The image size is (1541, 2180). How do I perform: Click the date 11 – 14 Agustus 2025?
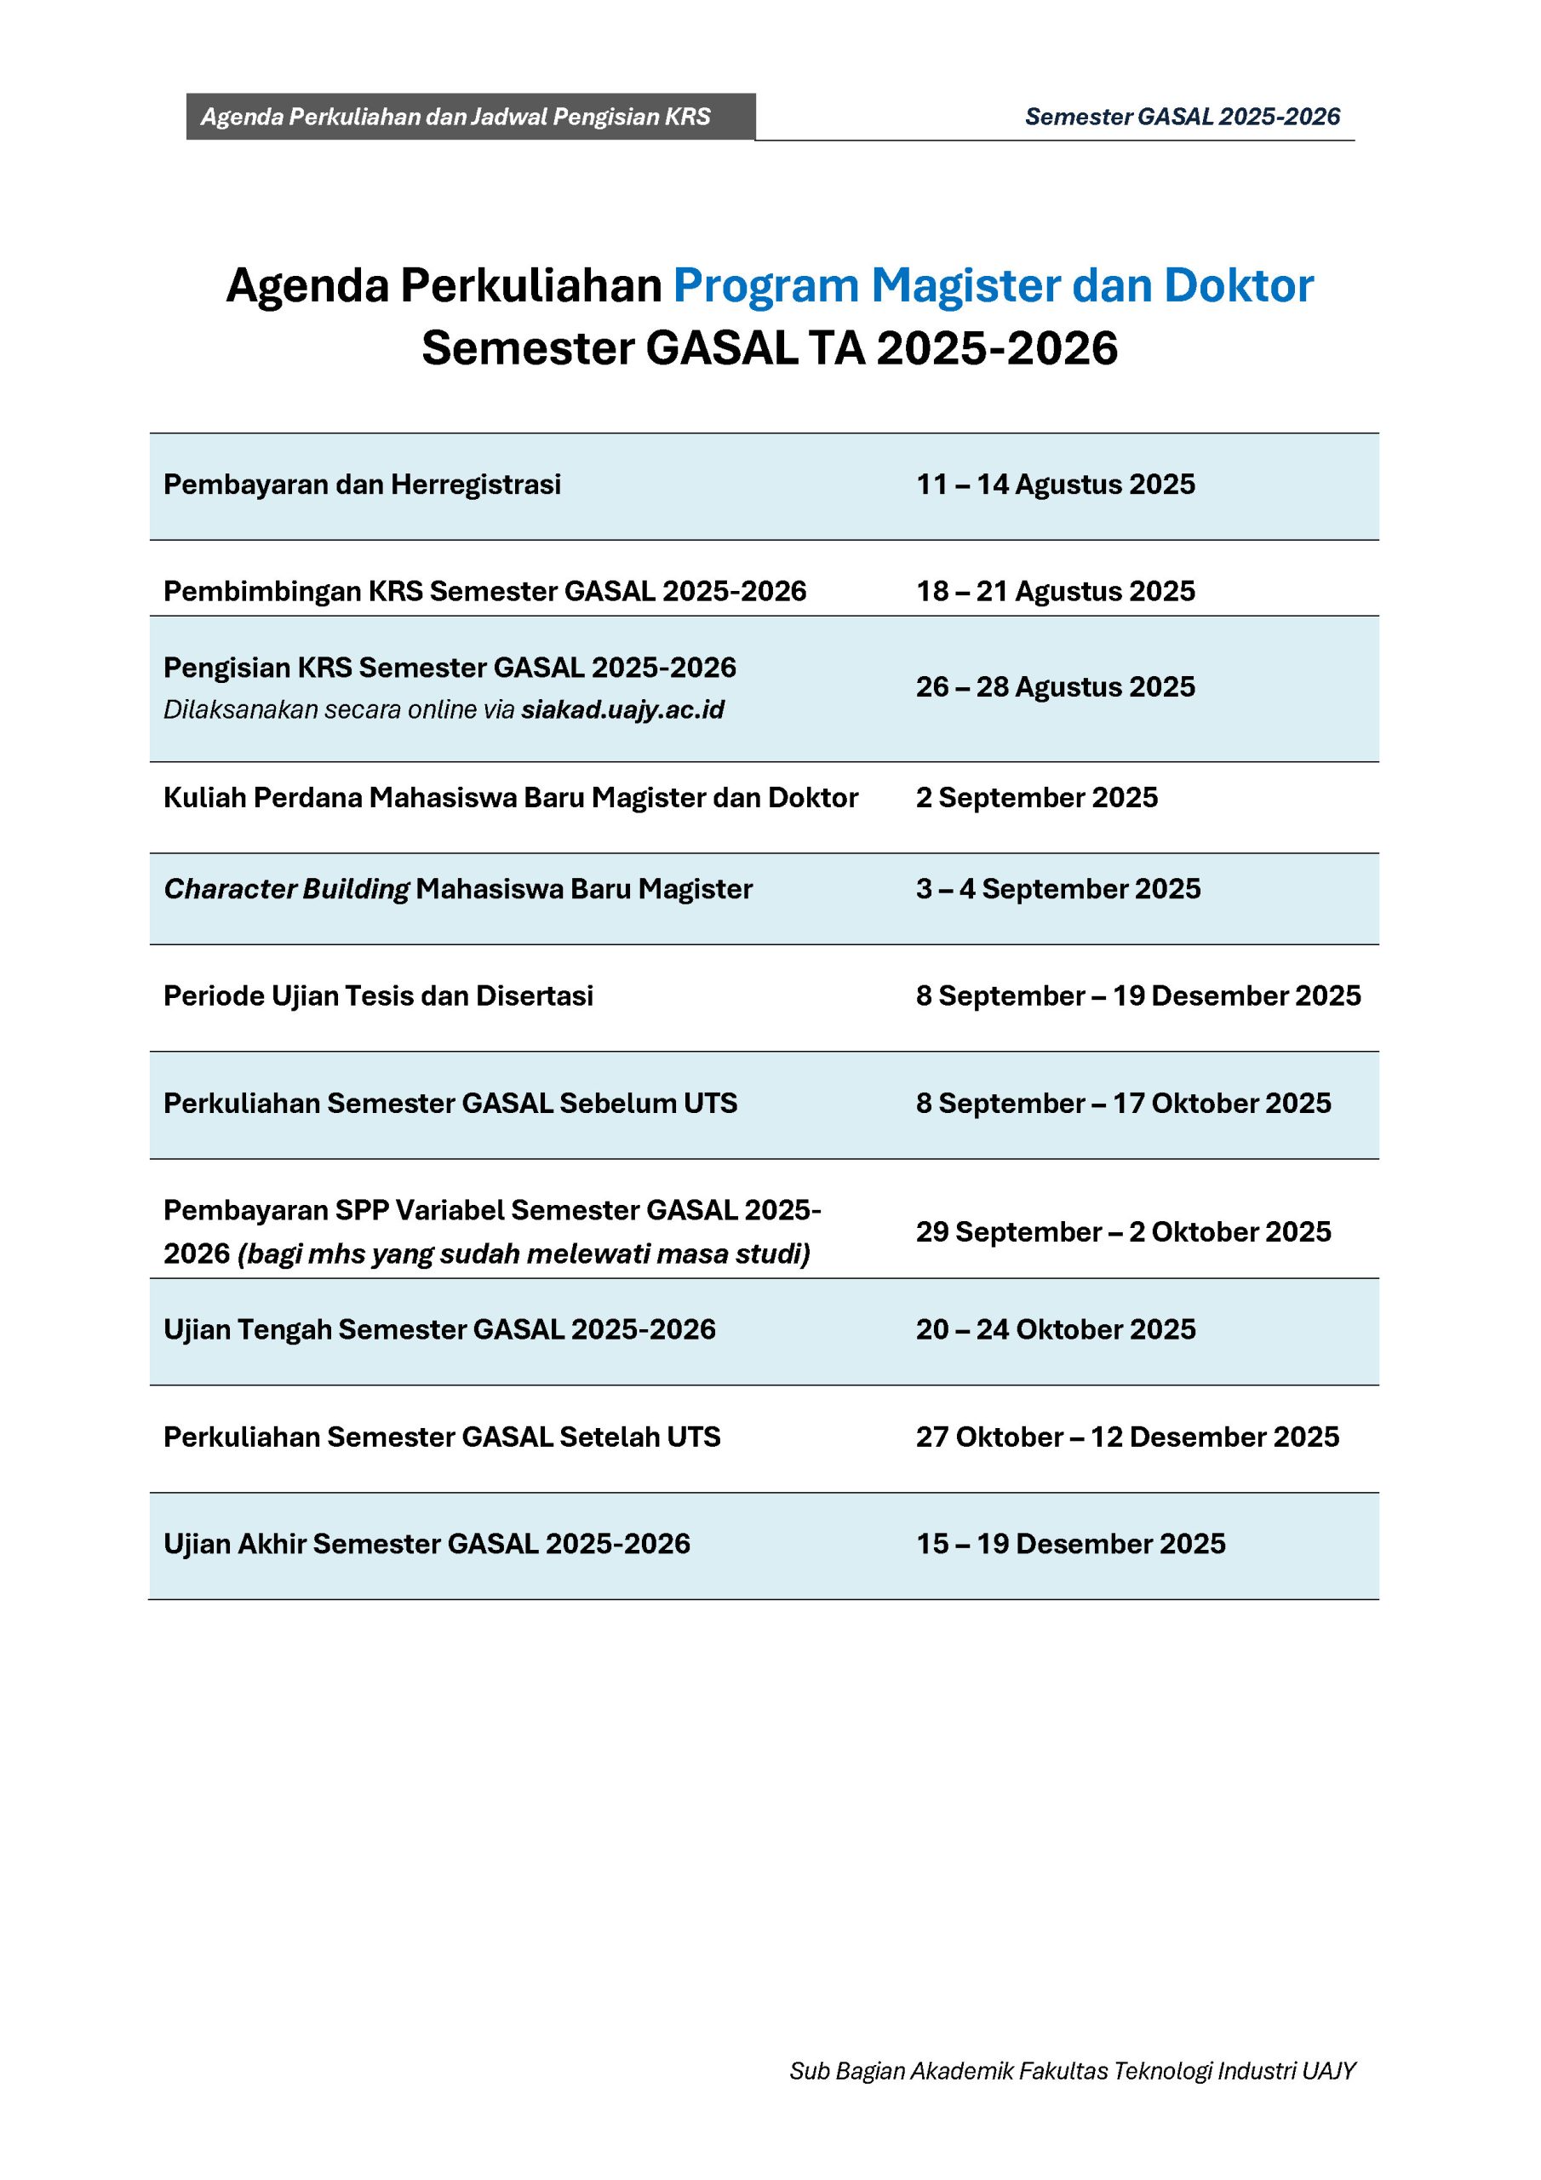[x=1055, y=485]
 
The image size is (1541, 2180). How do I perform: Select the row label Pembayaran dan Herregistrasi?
[x=362, y=485]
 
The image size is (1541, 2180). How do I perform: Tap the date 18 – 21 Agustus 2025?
[x=1055, y=591]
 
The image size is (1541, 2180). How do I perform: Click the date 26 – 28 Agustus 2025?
[x=1055, y=686]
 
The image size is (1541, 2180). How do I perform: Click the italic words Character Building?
[x=286, y=889]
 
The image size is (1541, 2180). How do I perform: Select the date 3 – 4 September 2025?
[x=1057, y=889]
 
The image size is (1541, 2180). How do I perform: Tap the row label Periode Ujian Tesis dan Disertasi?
[x=378, y=995]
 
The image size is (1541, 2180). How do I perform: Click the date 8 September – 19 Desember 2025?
[x=1137, y=995]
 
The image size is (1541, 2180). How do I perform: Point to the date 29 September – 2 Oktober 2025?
[x=1123, y=1231]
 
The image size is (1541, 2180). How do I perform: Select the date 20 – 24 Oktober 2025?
[x=1055, y=1328]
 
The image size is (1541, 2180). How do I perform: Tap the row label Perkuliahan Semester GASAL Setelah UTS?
[x=442, y=1437]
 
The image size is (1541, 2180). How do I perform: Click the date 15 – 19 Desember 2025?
[x=1070, y=1543]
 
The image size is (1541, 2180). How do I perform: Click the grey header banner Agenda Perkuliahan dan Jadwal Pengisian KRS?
[x=470, y=117]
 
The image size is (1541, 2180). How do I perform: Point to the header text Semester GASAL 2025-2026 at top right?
[x=1182, y=117]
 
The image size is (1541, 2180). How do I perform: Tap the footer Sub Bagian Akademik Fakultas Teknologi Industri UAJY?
[x=1072, y=2070]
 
